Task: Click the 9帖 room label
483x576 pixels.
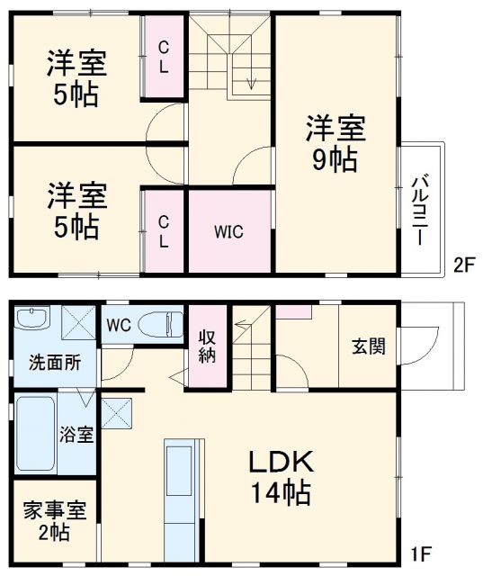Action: coord(335,144)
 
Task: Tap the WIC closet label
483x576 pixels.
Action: coord(228,230)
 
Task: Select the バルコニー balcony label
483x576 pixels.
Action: coord(421,208)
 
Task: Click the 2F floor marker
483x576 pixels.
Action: coord(462,265)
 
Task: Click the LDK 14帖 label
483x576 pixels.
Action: coord(281,478)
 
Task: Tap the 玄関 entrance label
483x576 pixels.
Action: coord(369,346)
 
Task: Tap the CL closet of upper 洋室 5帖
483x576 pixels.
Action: coord(166,57)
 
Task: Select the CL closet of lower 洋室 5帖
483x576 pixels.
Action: coord(165,229)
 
